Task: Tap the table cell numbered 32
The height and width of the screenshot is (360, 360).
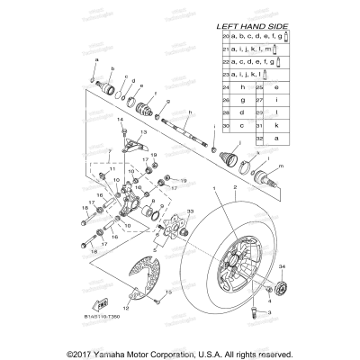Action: [x=261, y=139]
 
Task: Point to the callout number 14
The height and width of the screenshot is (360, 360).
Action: [x=121, y=119]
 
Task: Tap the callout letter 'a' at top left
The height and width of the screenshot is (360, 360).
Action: [x=94, y=58]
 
